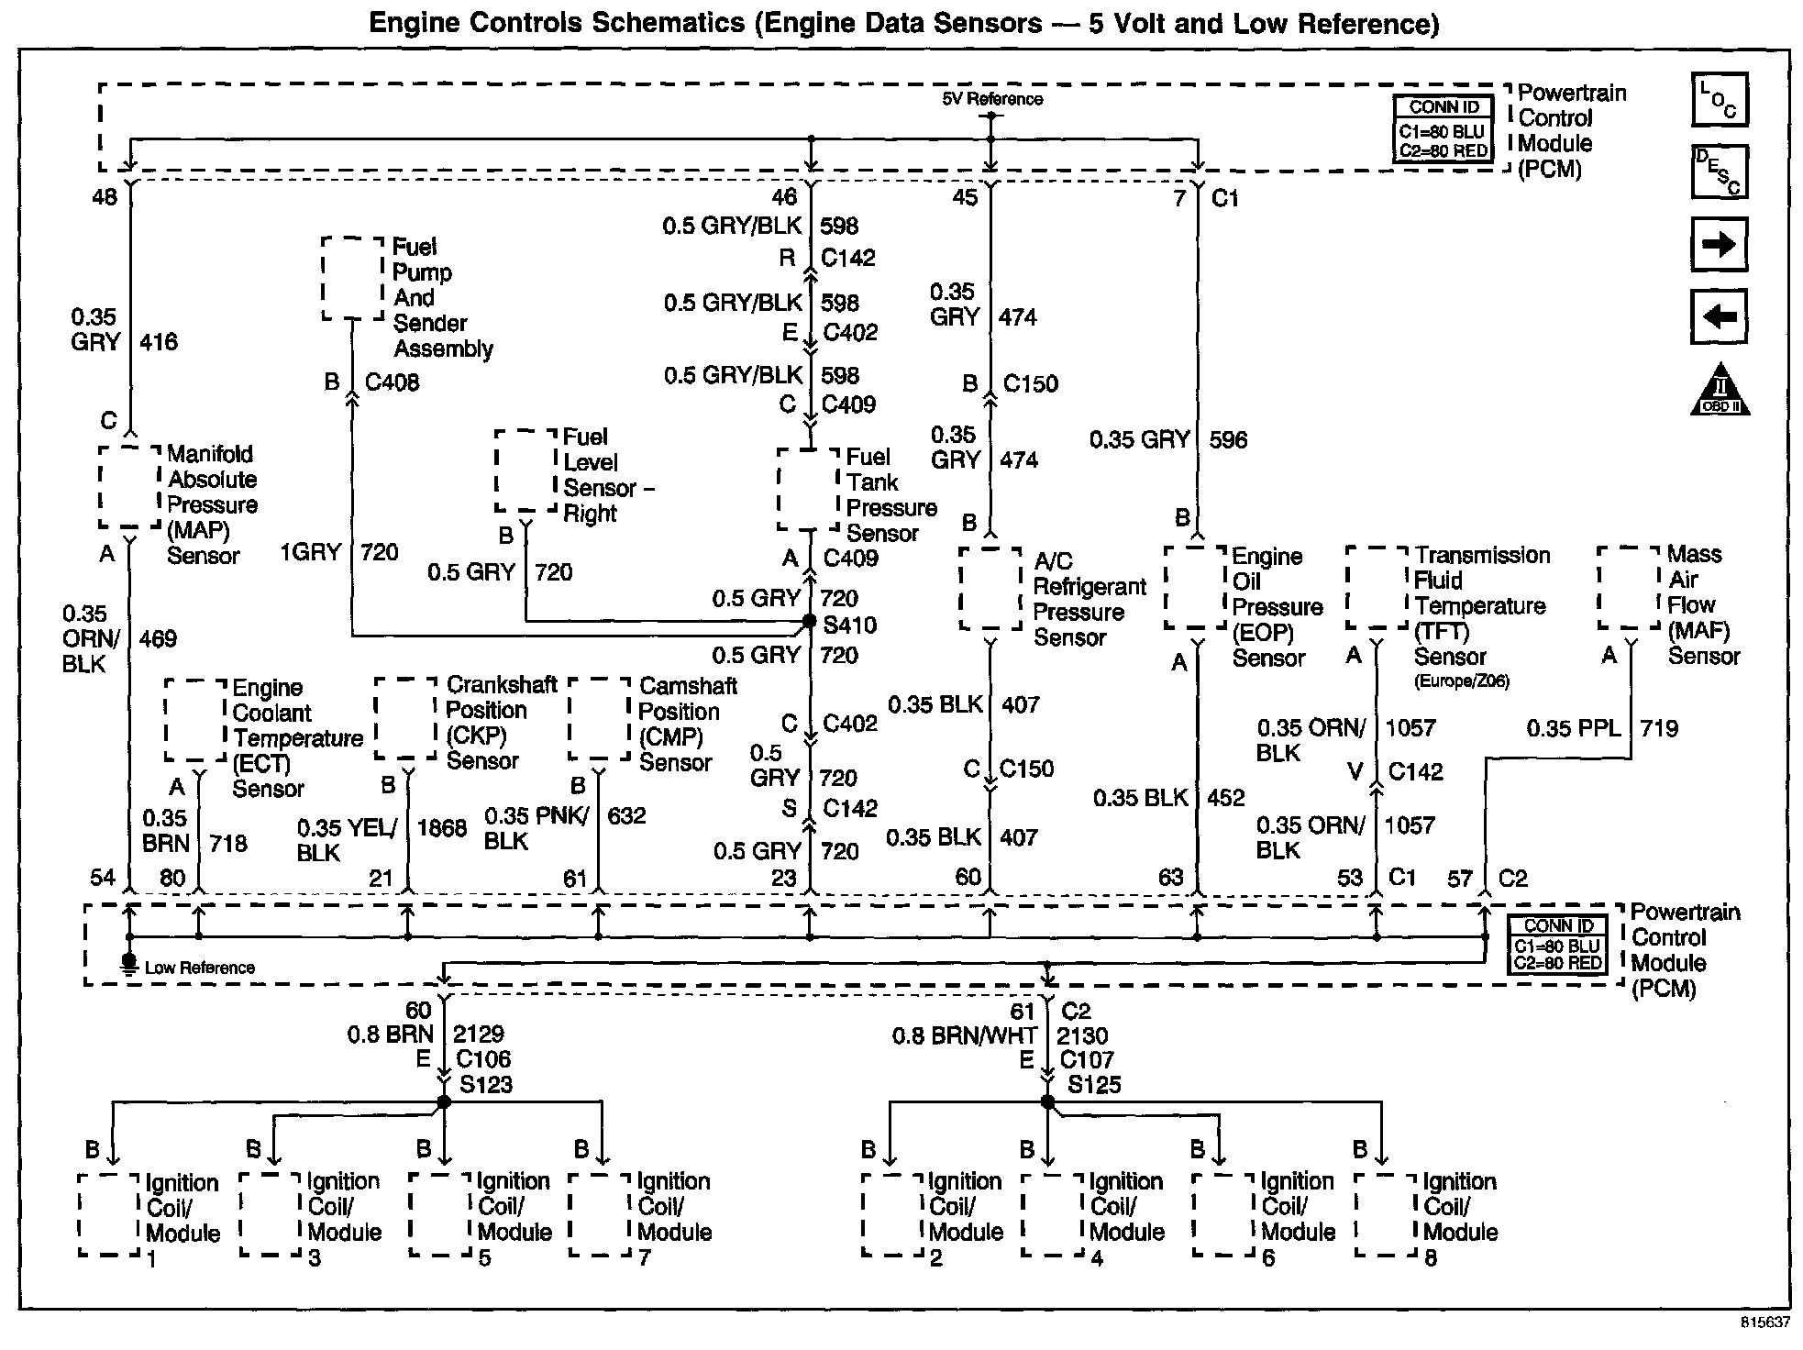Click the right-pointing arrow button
point(1719,244)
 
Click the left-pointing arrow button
point(1719,317)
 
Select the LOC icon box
point(1720,99)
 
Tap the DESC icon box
point(1720,172)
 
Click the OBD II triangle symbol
point(1720,390)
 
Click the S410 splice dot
point(809,622)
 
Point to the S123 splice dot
point(444,1101)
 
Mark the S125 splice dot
point(1048,1101)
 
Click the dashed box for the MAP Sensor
point(130,487)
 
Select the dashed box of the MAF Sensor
point(1629,588)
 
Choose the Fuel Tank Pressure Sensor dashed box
point(808,489)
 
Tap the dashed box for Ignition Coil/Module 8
point(1386,1215)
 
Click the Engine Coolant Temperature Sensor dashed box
point(195,720)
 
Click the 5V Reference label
point(991,99)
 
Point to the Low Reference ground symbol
point(129,963)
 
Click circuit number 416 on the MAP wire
point(159,342)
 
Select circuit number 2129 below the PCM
point(479,1035)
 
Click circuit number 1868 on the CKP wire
point(441,828)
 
